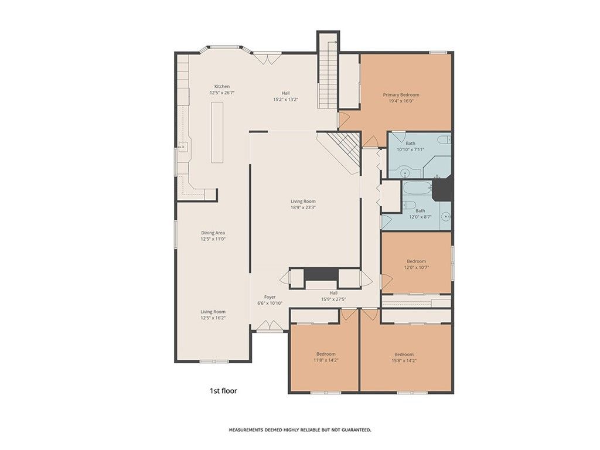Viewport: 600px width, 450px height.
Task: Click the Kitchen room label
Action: pyautogui.click(x=222, y=87)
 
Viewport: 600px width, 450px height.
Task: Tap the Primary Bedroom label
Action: pyautogui.click(x=401, y=94)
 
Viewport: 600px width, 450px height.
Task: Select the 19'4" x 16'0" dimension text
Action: pyautogui.click(x=401, y=101)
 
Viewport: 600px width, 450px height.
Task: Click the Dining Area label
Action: pyautogui.click(x=213, y=233)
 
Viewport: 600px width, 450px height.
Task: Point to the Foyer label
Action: pyautogui.click(x=270, y=297)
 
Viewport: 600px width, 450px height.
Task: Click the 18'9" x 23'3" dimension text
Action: pyautogui.click(x=303, y=208)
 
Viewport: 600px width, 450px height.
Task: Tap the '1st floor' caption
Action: pyautogui.click(x=223, y=391)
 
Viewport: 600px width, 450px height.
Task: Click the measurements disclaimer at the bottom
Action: pyautogui.click(x=300, y=430)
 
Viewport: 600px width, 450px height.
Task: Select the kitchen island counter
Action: pyautogui.click(x=217, y=132)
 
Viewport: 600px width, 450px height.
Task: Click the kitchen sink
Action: pyautogui.click(x=183, y=146)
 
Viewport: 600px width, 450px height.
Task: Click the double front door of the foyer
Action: pyautogui.click(x=270, y=326)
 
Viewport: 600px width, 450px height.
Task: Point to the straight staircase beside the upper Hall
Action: pyautogui.click(x=328, y=70)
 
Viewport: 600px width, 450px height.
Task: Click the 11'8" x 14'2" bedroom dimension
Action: pyautogui.click(x=326, y=360)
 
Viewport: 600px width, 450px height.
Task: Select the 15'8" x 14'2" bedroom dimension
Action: pyautogui.click(x=404, y=360)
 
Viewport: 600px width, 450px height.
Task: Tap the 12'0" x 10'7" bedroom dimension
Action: pyautogui.click(x=417, y=267)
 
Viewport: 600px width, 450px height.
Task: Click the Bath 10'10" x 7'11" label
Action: pyautogui.click(x=411, y=146)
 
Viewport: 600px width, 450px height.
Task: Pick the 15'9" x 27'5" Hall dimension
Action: pyautogui.click(x=333, y=299)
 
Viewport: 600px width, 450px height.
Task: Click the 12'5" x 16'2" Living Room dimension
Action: pyautogui.click(x=213, y=318)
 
